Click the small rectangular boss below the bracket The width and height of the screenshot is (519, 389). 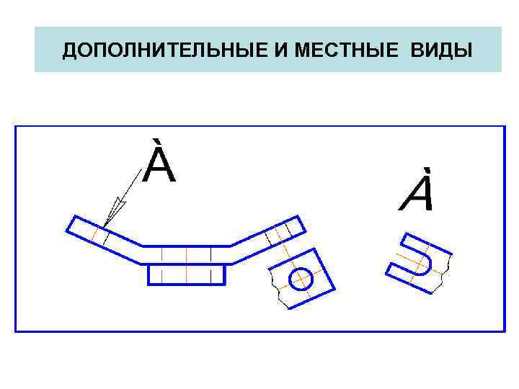186,274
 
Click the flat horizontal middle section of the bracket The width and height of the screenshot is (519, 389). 186,254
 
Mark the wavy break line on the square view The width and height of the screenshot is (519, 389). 278,289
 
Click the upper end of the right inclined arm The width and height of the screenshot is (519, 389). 296,225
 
